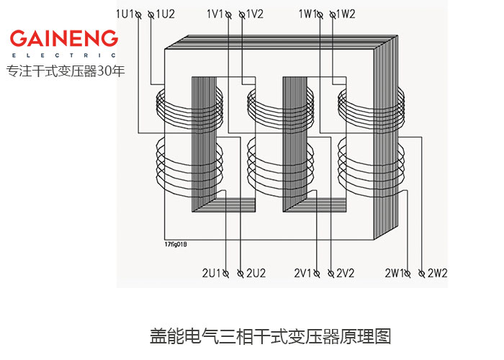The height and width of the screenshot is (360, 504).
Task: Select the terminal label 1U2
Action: pos(165,14)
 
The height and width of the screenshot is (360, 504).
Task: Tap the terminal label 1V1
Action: pos(216,14)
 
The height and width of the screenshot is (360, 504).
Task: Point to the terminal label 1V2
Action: pos(255,14)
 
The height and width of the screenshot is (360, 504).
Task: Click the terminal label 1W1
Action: pos(308,14)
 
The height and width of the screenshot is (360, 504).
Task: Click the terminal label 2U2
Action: pos(256,274)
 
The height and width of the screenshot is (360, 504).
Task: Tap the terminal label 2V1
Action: pos(302,274)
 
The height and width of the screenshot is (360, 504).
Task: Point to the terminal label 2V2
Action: pos(346,274)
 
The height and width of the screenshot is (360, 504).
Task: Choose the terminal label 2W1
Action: pos(394,274)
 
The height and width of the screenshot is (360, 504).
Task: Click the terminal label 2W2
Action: pos(438,274)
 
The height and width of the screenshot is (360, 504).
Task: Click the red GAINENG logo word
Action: pos(63,38)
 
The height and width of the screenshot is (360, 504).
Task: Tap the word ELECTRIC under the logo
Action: pos(63,55)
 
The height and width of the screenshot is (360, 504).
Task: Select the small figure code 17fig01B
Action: pos(176,244)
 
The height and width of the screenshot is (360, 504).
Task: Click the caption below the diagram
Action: pos(270,336)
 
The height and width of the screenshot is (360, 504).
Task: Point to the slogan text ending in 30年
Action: pos(66,71)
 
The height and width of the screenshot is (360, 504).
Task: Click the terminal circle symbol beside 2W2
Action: pos(423,274)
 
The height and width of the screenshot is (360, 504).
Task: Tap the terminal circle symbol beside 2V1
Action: pos(317,274)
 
